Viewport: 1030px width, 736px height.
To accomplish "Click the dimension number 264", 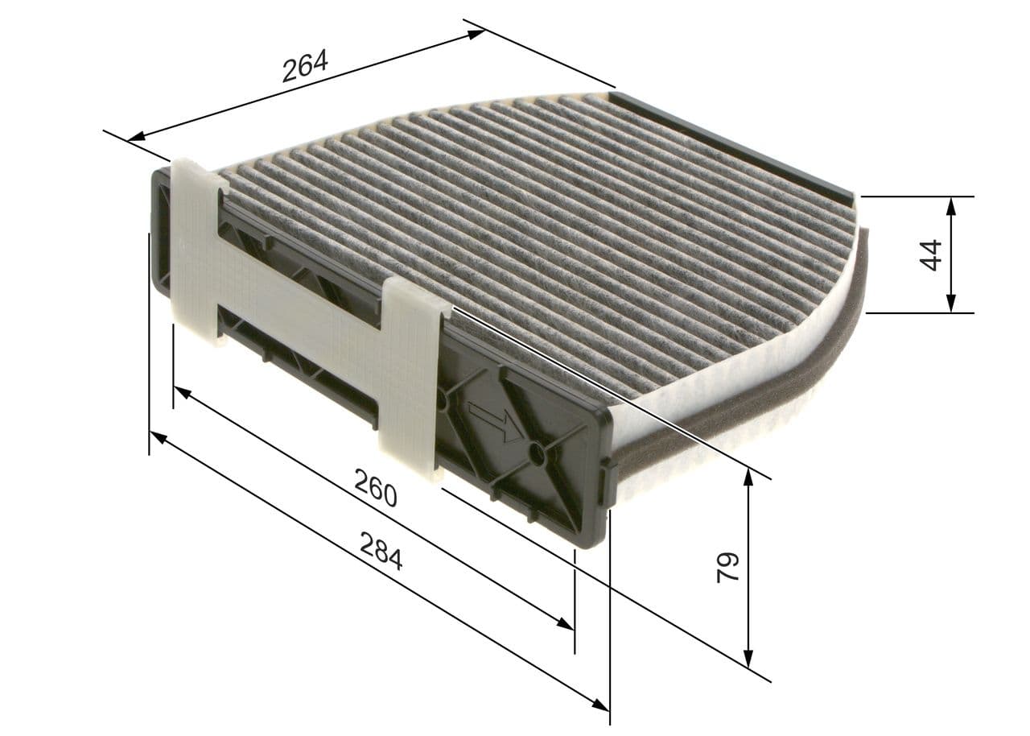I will [x=305, y=66].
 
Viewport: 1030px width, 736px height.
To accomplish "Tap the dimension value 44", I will [x=930, y=254].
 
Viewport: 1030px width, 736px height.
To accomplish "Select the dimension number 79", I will [x=727, y=567].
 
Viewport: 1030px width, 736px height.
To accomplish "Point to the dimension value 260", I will [x=376, y=487].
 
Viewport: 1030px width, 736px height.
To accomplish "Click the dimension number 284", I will [x=381, y=551].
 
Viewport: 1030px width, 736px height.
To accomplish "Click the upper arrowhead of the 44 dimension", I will [x=951, y=205].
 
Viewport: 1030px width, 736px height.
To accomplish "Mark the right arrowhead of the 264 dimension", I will [x=476, y=33].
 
